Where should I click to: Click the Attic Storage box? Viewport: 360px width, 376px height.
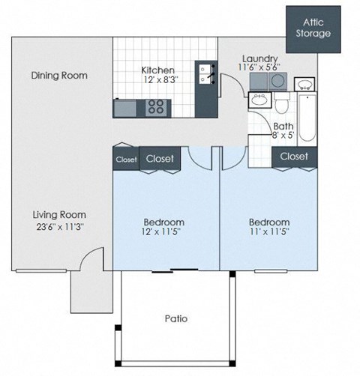[311, 28]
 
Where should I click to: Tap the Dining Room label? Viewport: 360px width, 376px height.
[59, 76]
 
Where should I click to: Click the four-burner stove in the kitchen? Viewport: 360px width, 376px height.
[157, 106]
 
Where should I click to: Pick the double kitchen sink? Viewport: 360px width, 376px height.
[204, 73]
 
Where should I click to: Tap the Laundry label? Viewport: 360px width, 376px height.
[260, 58]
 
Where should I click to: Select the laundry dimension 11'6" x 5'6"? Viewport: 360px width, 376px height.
[260, 68]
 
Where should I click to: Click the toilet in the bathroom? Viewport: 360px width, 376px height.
[282, 103]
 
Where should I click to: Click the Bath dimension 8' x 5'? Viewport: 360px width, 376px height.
[283, 136]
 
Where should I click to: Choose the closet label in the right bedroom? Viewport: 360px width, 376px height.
[293, 157]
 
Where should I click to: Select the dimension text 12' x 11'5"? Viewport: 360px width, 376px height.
[163, 233]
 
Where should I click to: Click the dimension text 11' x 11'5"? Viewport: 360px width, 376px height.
[268, 233]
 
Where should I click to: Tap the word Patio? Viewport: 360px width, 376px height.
[175, 318]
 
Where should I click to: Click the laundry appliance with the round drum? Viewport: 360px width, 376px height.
[259, 100]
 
